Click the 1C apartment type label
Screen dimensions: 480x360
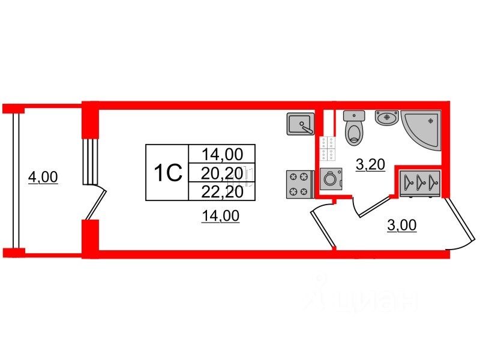[167, 173]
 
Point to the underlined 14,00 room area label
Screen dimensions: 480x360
[220, 217]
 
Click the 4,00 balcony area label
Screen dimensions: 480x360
[43, 178]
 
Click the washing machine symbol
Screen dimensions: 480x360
[331, 179]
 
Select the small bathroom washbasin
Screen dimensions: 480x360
[386, 118]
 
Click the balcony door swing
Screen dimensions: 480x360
[96, 204]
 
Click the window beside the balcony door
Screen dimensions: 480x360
[89, 160]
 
